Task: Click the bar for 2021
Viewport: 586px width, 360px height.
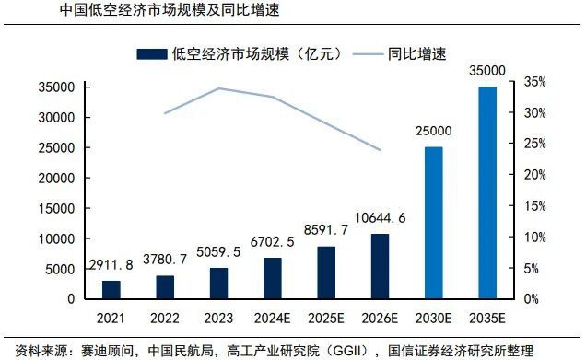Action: point(111,289)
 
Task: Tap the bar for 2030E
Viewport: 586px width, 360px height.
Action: point(433,223)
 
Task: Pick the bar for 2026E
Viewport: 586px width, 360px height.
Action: point(379,266)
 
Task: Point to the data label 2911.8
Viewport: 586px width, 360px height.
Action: point(111,265)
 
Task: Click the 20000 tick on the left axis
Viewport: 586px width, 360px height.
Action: point(57,178)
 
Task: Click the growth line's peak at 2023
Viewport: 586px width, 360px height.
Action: point(218,88)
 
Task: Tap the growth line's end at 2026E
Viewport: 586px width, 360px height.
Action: point(379,150)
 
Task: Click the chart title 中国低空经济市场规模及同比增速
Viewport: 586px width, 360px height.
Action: point(170,11)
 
